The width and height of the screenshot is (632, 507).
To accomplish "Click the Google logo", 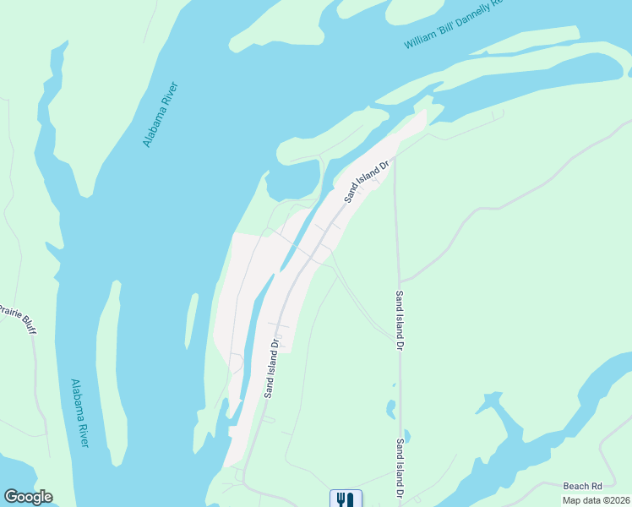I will (x=28, y=497).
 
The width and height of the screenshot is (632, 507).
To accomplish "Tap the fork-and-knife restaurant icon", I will (x=345, y=499).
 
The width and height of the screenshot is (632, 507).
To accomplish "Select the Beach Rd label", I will (x=583, y=486).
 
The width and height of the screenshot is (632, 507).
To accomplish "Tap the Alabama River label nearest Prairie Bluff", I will (x=79, y=413).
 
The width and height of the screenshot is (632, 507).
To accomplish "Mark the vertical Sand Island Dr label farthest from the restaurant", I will (x=399, y=322).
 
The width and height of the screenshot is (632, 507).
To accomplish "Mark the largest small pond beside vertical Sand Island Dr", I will (x=391, y=410).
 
